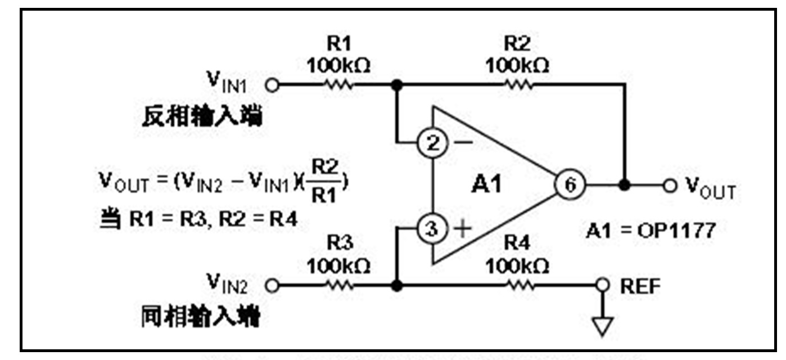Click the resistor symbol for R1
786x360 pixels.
click(338, 85)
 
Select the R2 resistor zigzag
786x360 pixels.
click(518, 85)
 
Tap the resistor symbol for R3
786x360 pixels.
click(338, 286)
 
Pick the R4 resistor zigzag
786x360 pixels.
click(518, 286)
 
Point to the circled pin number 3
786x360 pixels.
click(432, 229)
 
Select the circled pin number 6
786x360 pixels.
click(570, 184)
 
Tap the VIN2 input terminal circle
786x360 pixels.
click(273, 286)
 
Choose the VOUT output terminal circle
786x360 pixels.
click(668, 185)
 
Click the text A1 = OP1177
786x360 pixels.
click(651, 230)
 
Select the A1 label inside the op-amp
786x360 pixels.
click(487, 184)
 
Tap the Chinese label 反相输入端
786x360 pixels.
click(203, 118)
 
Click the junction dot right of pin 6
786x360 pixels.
click(624, 184)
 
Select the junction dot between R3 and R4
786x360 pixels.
click(397, 286)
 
